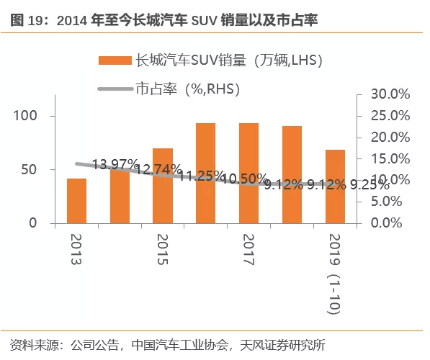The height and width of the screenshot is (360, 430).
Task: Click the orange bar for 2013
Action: click(77, 201)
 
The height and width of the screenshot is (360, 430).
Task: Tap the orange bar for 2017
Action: click(248, 173)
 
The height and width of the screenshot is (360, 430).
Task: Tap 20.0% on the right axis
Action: click(390, 137)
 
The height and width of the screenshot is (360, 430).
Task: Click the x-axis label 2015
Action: click(163, 251)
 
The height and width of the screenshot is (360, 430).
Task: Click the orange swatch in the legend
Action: click(115, 60)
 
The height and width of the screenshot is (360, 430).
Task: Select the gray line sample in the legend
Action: click(115, 89)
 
